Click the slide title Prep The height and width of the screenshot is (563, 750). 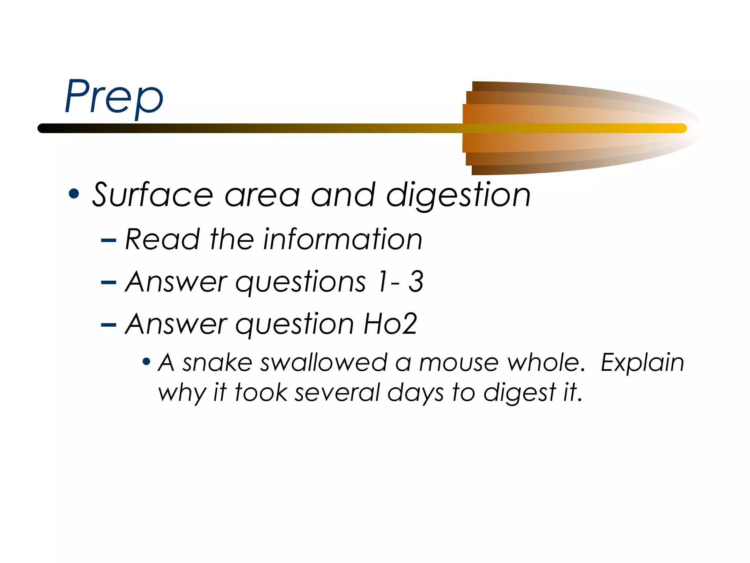click(114, 97)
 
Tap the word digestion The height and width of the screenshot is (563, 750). click(458, 196)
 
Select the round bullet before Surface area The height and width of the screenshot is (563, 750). click(74, 194)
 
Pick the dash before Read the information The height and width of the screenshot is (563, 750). click(108, 241)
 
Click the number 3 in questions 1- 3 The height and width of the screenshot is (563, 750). click(416, 281)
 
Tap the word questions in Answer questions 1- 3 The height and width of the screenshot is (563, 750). click(300, 282)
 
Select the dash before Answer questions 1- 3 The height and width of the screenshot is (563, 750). click(108, 283)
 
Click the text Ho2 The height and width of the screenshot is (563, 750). click(390, 324)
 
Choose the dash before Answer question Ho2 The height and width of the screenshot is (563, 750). click(108, 325)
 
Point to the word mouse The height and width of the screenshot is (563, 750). click(458, 363)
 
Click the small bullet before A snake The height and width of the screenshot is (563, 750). click(146, 362)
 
